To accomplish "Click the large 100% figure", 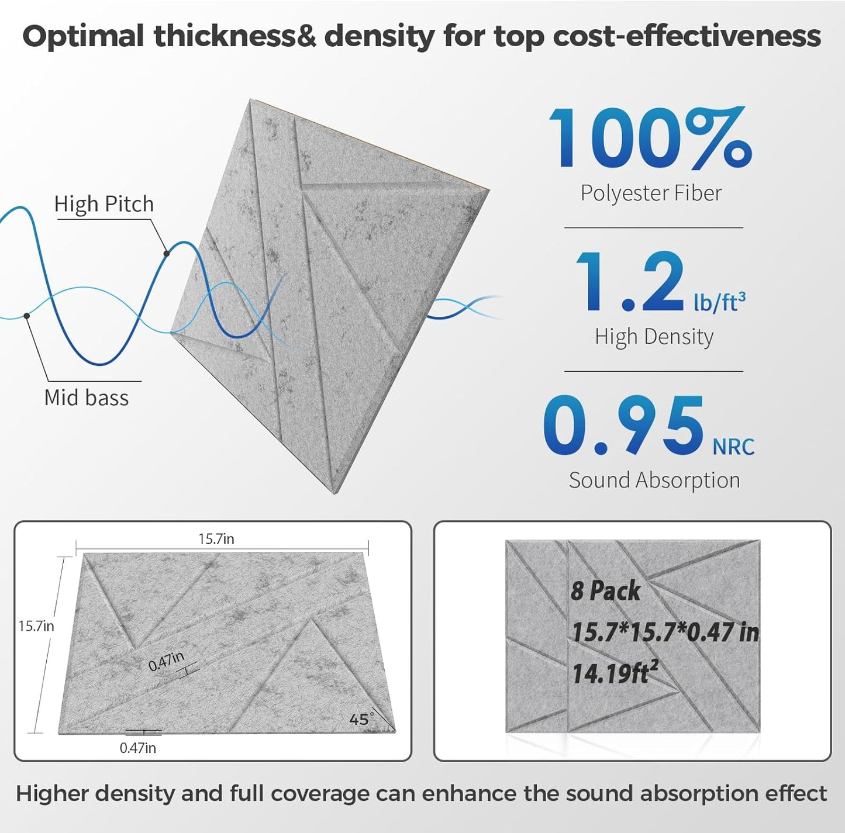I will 649,139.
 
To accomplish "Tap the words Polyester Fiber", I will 651,193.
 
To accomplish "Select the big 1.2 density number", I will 629,282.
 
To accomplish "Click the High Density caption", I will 654,337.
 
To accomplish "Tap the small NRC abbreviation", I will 733,447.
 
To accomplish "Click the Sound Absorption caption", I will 654,481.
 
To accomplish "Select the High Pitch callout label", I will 104,204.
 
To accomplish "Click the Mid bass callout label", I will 87,398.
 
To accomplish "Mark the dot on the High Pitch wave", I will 167,253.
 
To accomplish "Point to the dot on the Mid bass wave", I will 27,316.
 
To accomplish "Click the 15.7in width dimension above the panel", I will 216,539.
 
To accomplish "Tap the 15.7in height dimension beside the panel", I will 36,626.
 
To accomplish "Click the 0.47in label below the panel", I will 138,748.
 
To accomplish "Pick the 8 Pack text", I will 605,591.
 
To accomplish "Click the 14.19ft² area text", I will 611,674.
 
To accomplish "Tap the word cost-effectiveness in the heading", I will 687,36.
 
